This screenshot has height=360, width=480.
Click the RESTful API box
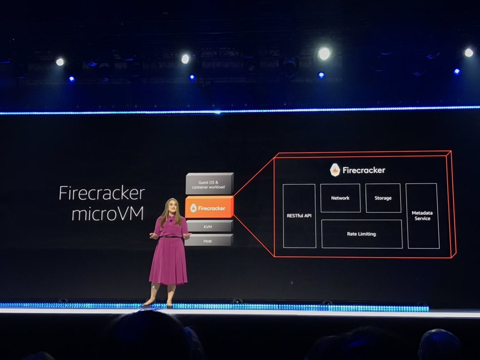[x=299, y=216]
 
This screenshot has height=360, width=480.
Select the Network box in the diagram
[x=340, y=198]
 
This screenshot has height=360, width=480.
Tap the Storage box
[x=383, y=198]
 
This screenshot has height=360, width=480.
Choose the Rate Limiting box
[x=361, y=234]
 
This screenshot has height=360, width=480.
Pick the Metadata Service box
[x=422, y=216]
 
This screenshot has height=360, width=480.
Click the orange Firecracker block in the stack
[x=209, y=208]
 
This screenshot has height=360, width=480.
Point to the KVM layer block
[x=209, y=226]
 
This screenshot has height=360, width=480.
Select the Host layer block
[x=209, y=240]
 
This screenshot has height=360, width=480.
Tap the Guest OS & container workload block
[x=209, y=184]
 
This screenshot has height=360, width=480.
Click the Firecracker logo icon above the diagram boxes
[x=335, y=170]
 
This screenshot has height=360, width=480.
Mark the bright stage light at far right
[x=468, y=52]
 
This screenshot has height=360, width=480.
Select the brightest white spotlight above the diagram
[x=324, y=53]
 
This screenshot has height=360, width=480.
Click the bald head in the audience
[x=439, y=344]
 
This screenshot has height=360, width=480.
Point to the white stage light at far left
[x=60, y=61]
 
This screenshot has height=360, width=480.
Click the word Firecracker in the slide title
[x=102, y=193]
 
